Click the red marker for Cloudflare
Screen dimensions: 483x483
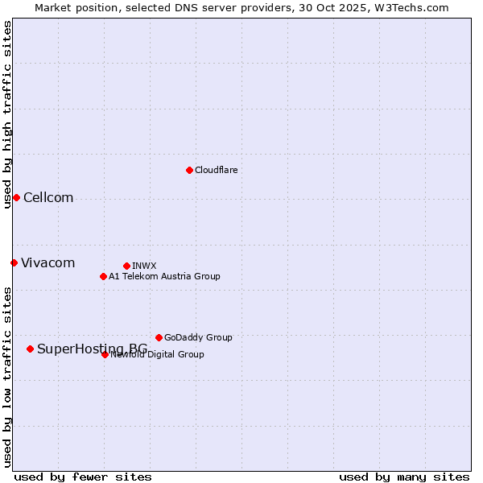pyautogui.click(x=189, y=170)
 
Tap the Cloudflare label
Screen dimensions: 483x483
pyautogui.click(x=217, y=170)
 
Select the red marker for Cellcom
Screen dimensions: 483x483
pyautogui.click(x=16, y=198)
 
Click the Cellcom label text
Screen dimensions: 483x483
pyautogui.click(x=48, y=198)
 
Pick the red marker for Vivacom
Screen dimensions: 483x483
pyautogui.click(x=14, y=262)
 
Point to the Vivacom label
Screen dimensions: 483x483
pyautogui.click(x=48, y=263)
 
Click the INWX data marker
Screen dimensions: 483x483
pyautogui.click(x=126, y=266)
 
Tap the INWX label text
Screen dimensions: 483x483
pyautogui.click(x=144, y=266)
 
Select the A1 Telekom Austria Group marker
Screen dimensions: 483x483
pyautogui.click(x=103, y=276)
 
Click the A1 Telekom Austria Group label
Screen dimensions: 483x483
pyautogui.click(x=164, y=276)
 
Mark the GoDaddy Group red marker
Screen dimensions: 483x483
pyautogui.click(x=159, y=337)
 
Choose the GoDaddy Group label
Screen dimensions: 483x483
pyautogui.click(x=198, y=337)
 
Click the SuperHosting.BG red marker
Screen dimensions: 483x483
pyautogui.click(x=30, y=349)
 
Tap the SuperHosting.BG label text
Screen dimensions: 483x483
pyautogui.click(x=92, y=349)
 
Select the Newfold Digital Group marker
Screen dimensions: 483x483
pyautogui.click(x=105, y=354)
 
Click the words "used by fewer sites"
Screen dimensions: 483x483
pyautogui.click(x=83, y=477)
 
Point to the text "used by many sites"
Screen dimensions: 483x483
pyautogui.click(x=404, y=477)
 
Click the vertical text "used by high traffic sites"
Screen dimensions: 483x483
pyautogui.click(x=7, y=114)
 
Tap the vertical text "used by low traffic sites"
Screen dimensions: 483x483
pyautogui.click(x=7, y=377)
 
